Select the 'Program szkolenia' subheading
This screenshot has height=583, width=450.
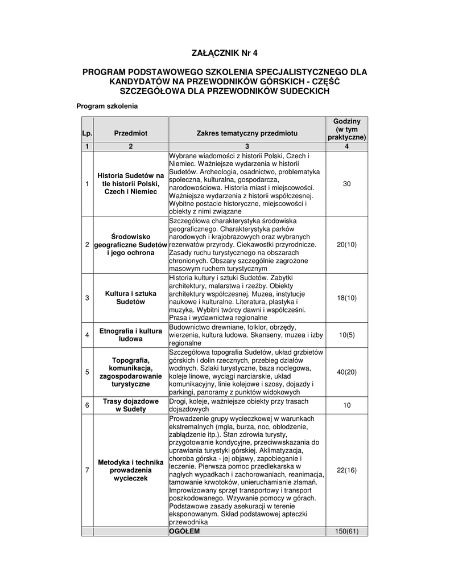[x=107, y=106]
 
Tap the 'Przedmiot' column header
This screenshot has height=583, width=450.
[x=130, y=133]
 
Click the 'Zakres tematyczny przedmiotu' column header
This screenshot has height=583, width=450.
[x=247, y=133]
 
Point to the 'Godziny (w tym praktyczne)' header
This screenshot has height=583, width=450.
[x=346, y=130]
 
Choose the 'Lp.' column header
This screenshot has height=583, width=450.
[x=87, y=133]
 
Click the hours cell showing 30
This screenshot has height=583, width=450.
[x=346, y=184]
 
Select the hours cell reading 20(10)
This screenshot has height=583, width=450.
[x=346, y=244]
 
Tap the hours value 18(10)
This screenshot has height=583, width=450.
[x=346, y=298]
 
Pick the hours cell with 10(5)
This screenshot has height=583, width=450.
[x=346, y=335]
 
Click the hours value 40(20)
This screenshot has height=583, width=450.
[x=346, y=372]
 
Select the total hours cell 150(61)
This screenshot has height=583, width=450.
[x=346, y=531]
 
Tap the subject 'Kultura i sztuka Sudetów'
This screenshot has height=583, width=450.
[x=130, y=298]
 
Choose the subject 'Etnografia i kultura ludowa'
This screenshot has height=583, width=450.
[x=130, y=335]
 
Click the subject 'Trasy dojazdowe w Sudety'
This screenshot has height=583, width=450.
[x=130, y=405]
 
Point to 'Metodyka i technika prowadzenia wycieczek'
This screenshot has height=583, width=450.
[x=130, y=470]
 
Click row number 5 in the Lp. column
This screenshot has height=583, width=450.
[x=87, y=372]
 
